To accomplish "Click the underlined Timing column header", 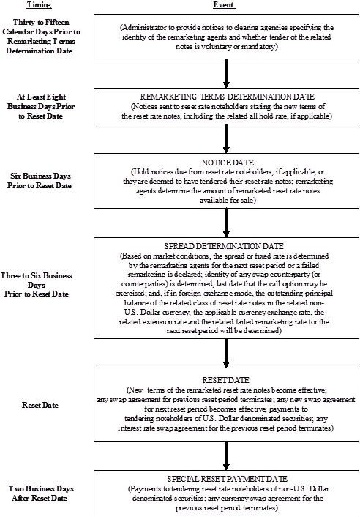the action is (x=39, y=4).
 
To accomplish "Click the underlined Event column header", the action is (x=224, y=4).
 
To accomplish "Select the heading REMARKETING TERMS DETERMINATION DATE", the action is (x=228, y=97).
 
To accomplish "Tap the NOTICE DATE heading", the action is (x=228, y=163).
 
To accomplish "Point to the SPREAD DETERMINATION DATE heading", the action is (x=224, y=246).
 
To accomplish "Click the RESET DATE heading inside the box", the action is (x=226, y=380).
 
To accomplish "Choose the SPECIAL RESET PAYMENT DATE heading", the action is (x=228, y=479).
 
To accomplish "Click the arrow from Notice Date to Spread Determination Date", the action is (x=226, y=223).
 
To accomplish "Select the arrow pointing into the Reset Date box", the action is (x=226, y=353).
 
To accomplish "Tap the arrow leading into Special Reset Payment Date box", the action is (x=226, y=455).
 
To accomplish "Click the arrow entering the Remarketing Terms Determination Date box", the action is (x=226, y=73).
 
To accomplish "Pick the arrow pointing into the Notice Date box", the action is (x=226, y=138).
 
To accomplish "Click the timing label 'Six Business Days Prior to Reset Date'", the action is (x=40, y=181).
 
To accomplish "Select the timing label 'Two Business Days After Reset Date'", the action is (x=40, y=494).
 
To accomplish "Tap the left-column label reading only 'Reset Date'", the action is (x=40, y=405).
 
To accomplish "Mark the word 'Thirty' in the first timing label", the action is (x=24, y=23).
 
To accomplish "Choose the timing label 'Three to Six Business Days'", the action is (x=37, y=285).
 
